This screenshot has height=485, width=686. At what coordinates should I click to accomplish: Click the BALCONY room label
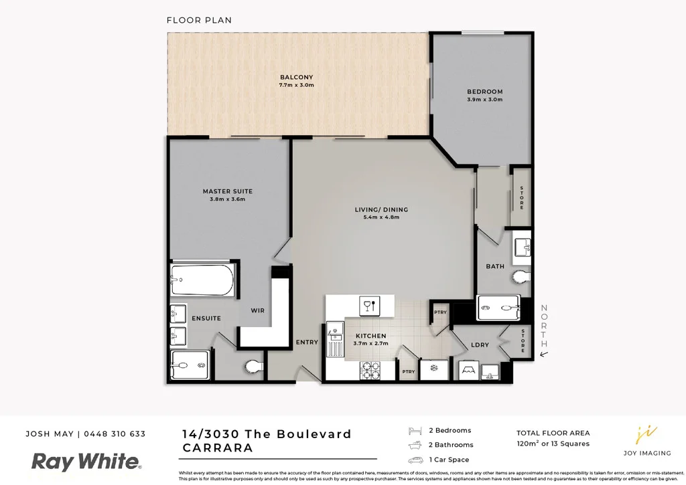(296, 77)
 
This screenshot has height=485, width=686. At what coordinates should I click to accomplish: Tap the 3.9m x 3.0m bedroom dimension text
(484, 100)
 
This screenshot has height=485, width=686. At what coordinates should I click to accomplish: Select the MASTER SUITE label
(228, 191)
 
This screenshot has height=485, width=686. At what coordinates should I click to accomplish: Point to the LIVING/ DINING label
(381, 209)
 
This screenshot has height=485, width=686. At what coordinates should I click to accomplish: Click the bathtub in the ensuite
(202, 281)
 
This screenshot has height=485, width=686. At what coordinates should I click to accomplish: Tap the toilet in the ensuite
(253, 366)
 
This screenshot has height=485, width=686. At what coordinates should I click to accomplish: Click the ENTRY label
(307, 343)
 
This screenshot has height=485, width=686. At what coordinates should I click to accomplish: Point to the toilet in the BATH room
(520, 276)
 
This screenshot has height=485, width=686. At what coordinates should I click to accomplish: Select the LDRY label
(480, 345)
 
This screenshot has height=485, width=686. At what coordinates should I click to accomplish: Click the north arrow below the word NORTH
(544, 355)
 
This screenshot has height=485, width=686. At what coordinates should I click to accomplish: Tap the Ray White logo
(87, 462)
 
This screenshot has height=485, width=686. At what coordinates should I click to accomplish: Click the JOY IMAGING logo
(646, 441)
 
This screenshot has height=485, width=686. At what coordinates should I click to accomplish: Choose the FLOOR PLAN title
(199, 20)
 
